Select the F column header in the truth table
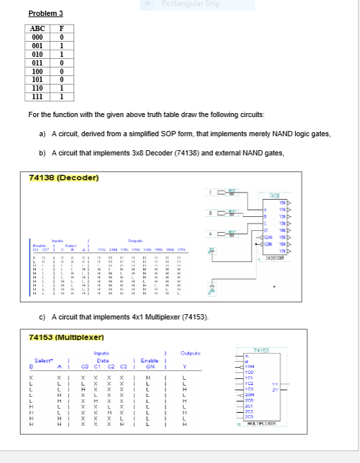pos(61,28)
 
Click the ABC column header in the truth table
pos(38,28)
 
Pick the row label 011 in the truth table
pos(38,62)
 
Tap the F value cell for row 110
pos(61,87)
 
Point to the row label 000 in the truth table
pos(38,37)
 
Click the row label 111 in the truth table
pos(38,96)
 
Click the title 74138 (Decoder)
pos(64,178)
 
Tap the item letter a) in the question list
pos(42,134)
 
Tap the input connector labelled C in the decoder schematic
pos(218,192)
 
